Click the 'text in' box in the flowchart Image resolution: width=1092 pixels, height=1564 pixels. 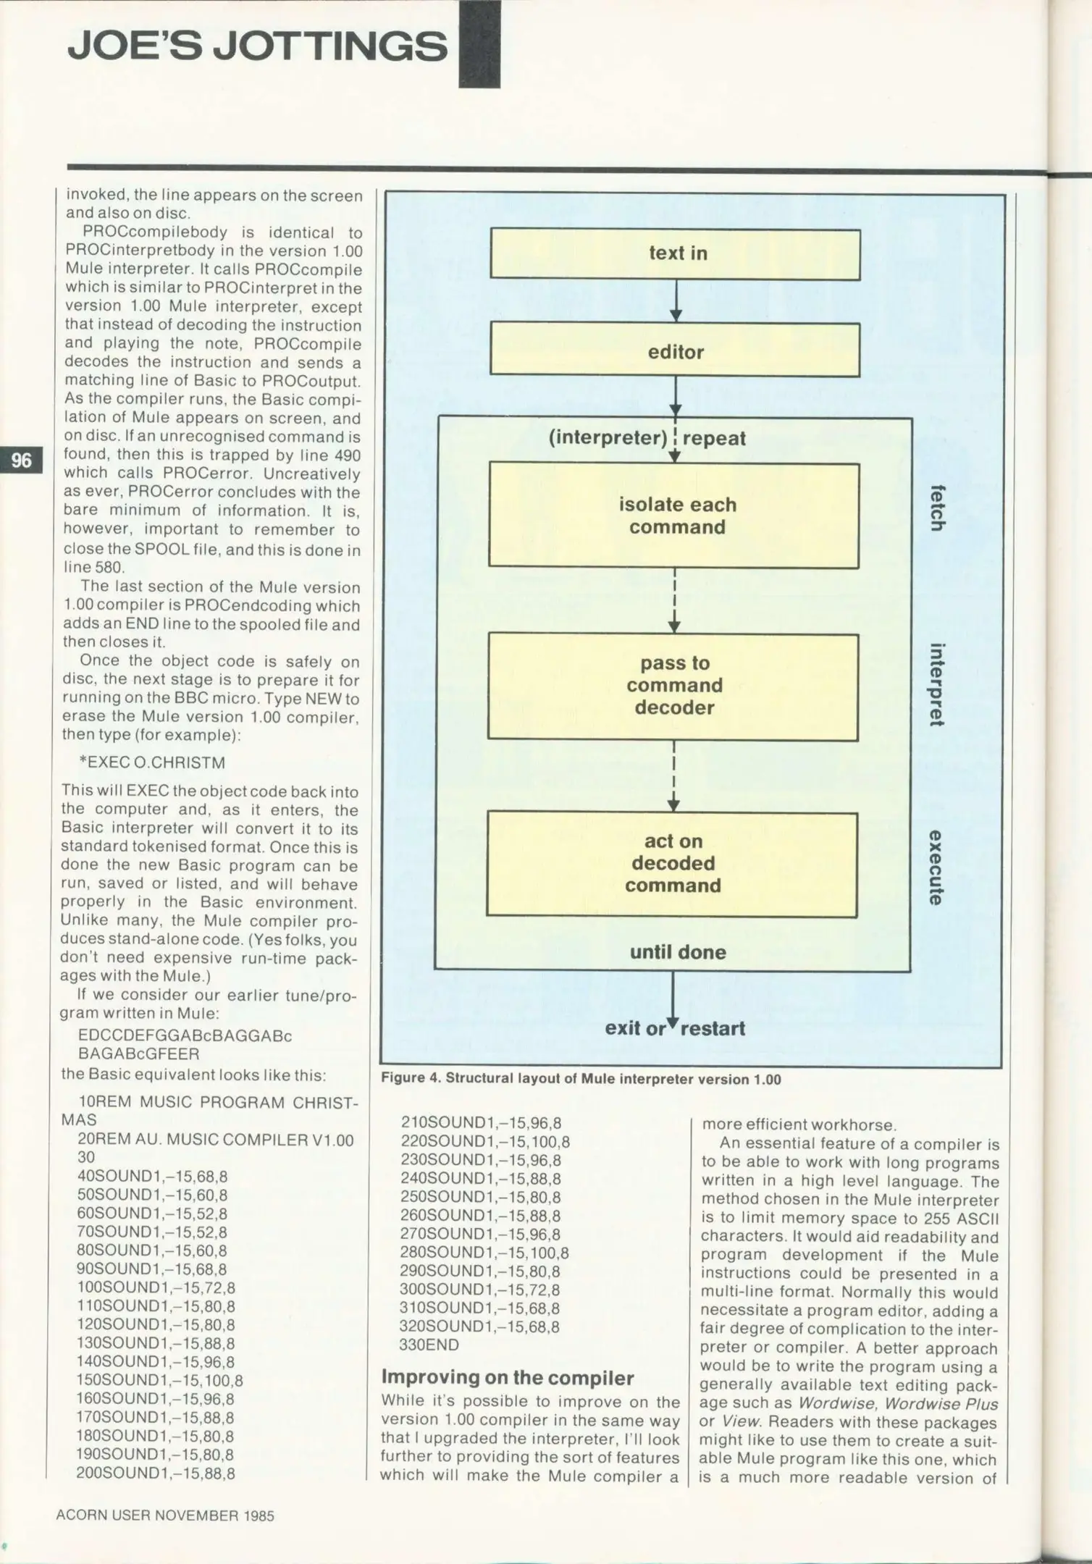tap(675, 254)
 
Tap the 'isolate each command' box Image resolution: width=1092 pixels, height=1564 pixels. tap(674, 515)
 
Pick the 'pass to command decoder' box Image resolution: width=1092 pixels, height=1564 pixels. tap(673, 686)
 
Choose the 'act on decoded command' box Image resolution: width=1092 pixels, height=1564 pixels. tap(671, 864)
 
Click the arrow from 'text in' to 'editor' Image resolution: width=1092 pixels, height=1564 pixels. tap(676, 301)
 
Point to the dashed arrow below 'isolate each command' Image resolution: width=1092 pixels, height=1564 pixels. tap(675, 600)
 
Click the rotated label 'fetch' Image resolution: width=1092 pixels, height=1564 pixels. tap(937, 507)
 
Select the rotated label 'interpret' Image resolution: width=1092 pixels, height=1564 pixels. tap(937, 684)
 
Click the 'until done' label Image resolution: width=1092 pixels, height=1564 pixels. tap(678, 951)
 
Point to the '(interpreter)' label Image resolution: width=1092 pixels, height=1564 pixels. tap(608, 438)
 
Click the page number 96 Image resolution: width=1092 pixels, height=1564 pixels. tap(22, 460)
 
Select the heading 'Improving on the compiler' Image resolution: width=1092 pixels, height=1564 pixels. tap(508, 1376)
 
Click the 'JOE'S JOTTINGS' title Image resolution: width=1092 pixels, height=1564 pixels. tap(257, 46)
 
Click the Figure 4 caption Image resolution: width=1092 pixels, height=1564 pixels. tap(581, 1079)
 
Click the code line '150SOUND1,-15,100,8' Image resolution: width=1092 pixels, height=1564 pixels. tap(159, 1380)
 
